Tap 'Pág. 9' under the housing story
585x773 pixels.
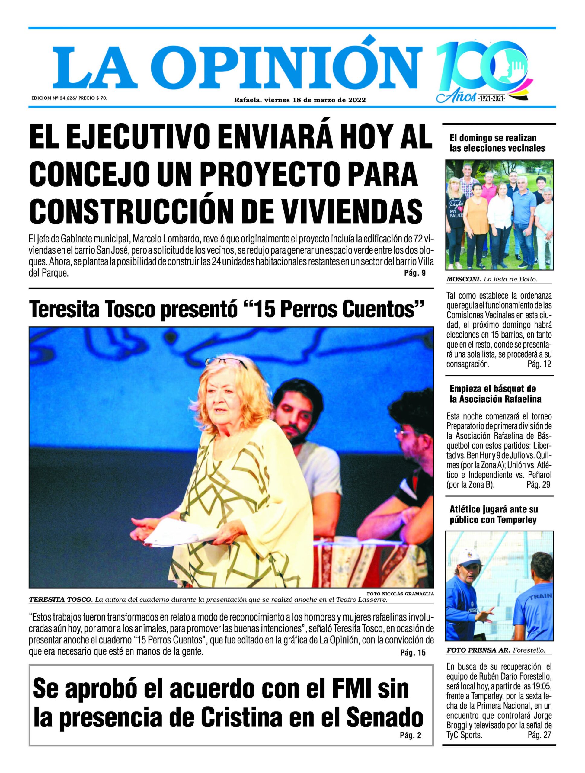(x=414, y=273)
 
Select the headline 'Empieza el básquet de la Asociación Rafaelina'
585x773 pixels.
(x=495, y=393)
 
